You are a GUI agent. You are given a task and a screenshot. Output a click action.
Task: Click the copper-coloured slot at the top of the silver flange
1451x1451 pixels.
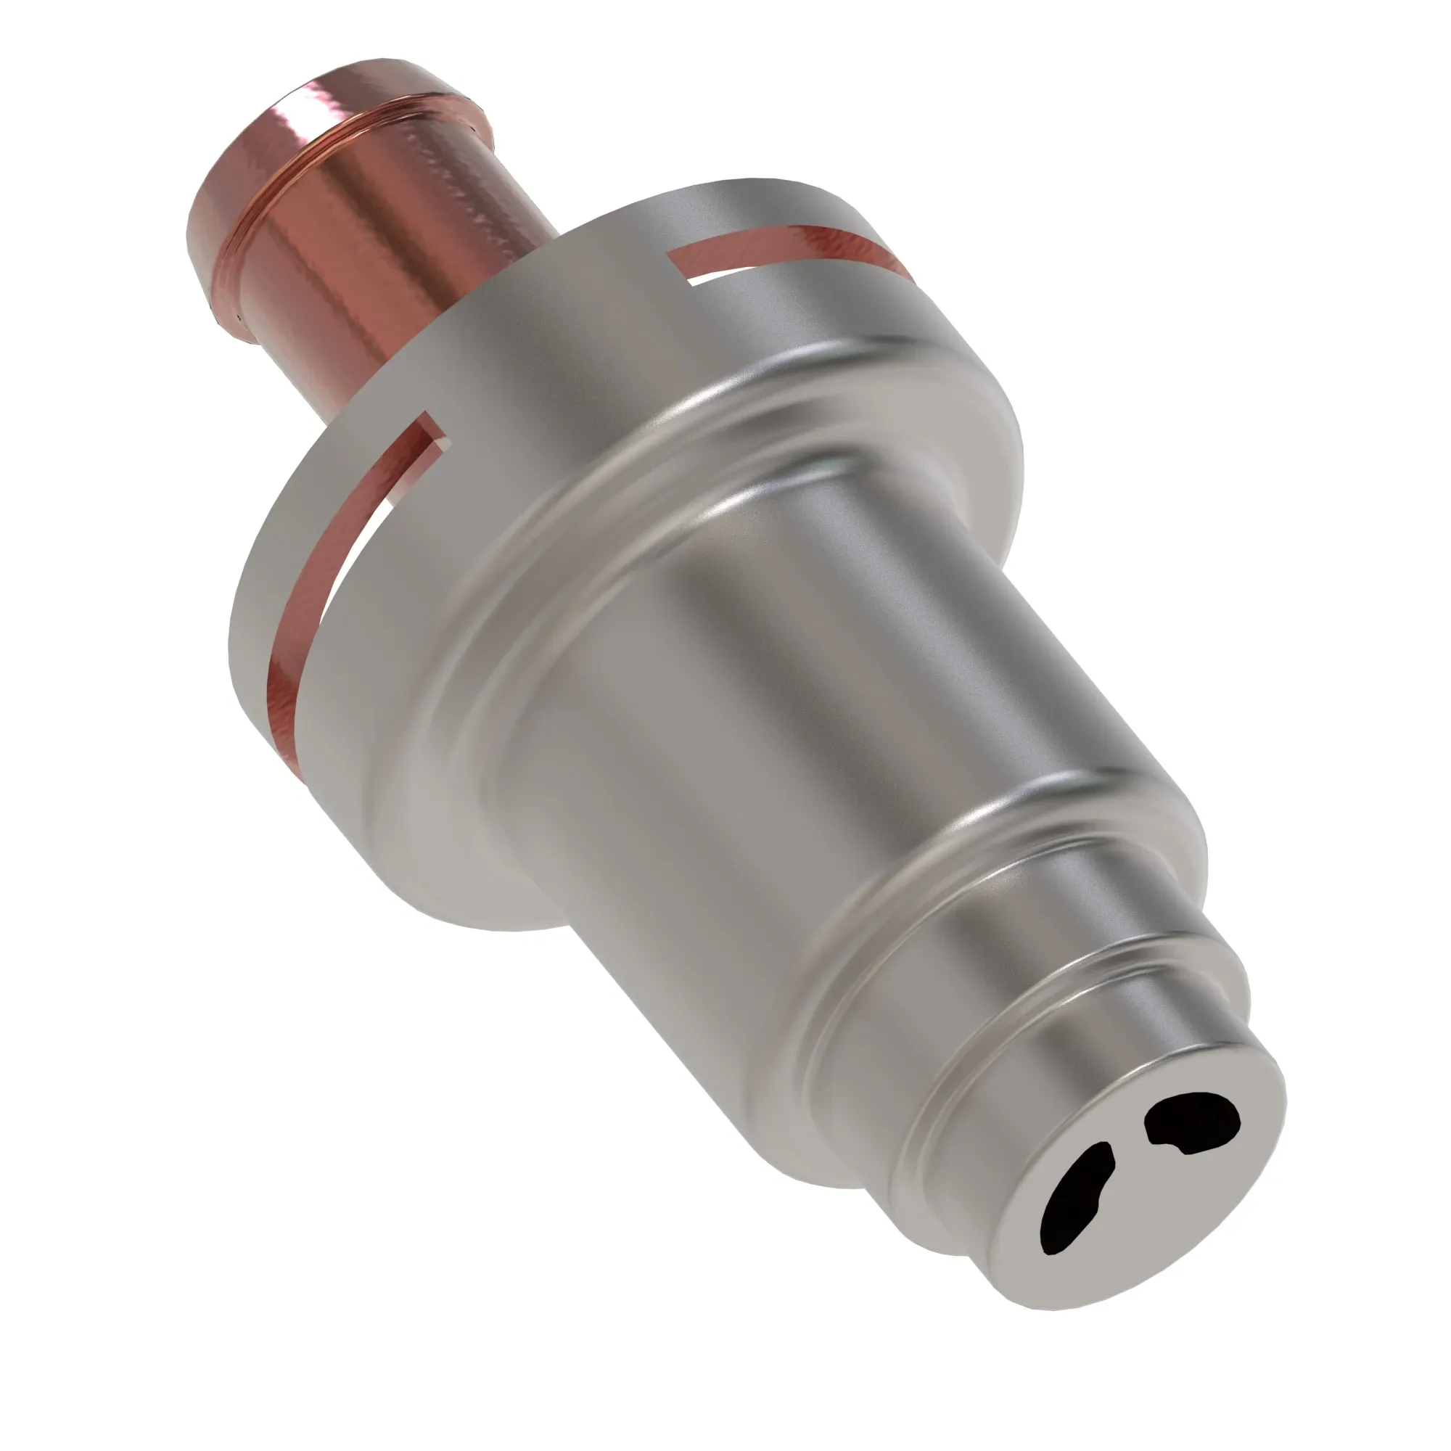point(789,248)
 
